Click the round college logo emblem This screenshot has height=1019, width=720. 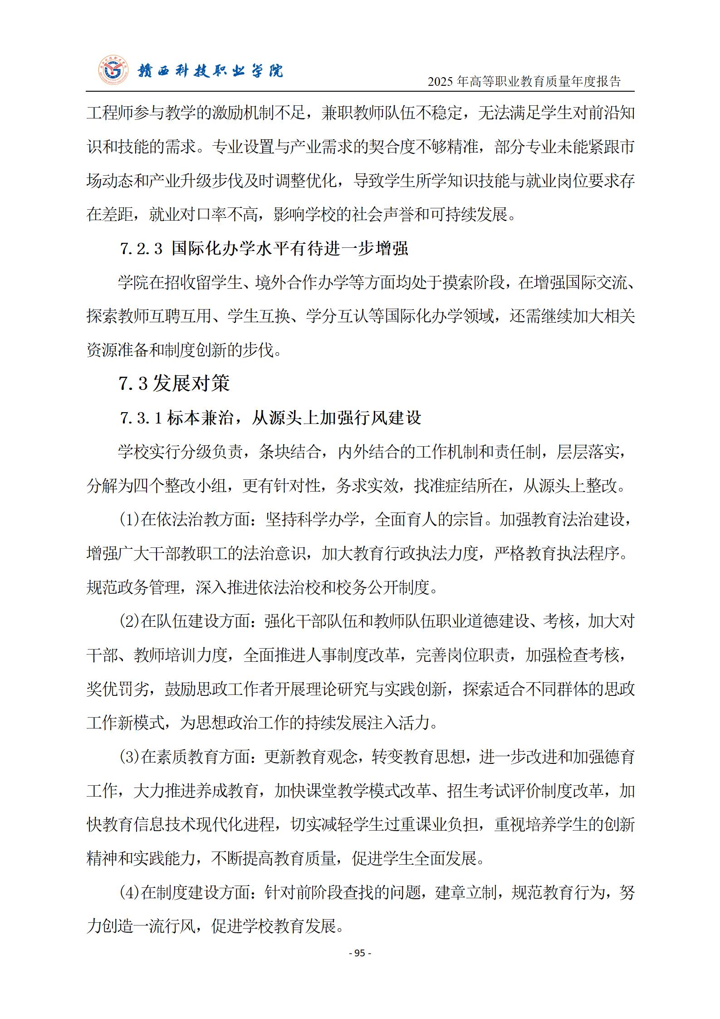[x=113, y=71]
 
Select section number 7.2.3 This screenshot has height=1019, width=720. [x=141, y=249]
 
